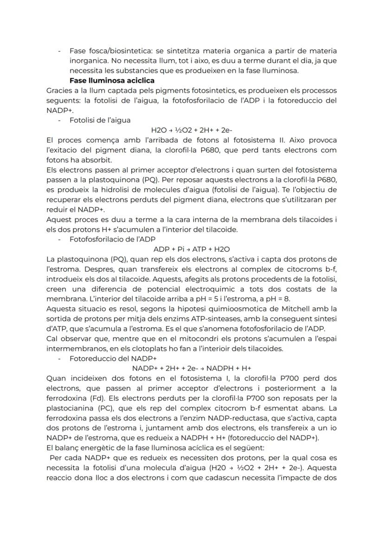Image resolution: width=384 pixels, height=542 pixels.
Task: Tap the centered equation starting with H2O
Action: pyautogui.click(x=192, y=130)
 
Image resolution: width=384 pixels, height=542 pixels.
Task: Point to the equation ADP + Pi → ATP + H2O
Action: pyautogui.click(x=192, y=249)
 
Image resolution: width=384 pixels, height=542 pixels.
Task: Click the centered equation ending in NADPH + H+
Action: pyautogui.click(x=192, y=368)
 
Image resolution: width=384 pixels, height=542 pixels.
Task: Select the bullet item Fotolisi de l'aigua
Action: pyautogui.click(x=100, y=120)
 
